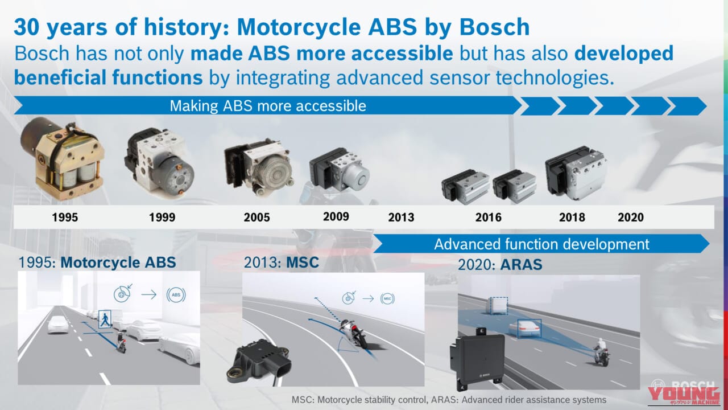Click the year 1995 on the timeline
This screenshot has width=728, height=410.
coord(65,218)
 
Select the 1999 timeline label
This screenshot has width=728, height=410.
coord(162,218)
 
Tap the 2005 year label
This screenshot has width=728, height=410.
coord(257,218)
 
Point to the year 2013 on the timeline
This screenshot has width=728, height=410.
coord(401,218)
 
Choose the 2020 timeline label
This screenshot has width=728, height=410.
coord(631,218)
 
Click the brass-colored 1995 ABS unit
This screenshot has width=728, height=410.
coord(63,158)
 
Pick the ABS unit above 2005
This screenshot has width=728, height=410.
coord(259,166)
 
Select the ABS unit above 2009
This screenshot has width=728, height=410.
coord(340,169)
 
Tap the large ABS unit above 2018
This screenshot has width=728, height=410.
coord(575,173)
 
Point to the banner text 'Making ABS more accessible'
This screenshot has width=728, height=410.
coord(268,106)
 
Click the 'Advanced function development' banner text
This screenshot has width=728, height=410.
coord(541,244)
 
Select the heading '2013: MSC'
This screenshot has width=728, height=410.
coord(282,263)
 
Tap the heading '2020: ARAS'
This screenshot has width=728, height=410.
coord(500,265)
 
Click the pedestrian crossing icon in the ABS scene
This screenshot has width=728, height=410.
coord(105,319)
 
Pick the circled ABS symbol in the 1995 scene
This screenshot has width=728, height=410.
coord(176,295)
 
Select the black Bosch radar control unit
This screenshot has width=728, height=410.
coord(477,359)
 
